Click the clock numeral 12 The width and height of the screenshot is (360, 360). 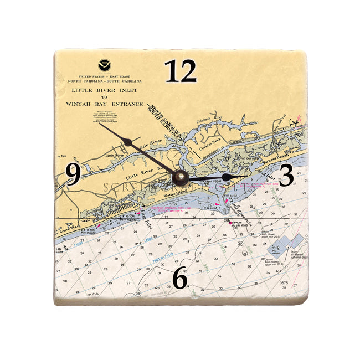pyautogui.click(x=181, y=71)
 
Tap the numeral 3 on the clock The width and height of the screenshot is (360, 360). pyautogui.click(x=286, y=176)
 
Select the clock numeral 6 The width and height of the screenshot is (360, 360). pyautogui.click(x=179, y=278)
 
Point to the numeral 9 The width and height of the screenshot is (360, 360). pyautogui.click(x=73, y=175)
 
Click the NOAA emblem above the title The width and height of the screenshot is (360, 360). pyautogui.click(x=104, y=65)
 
